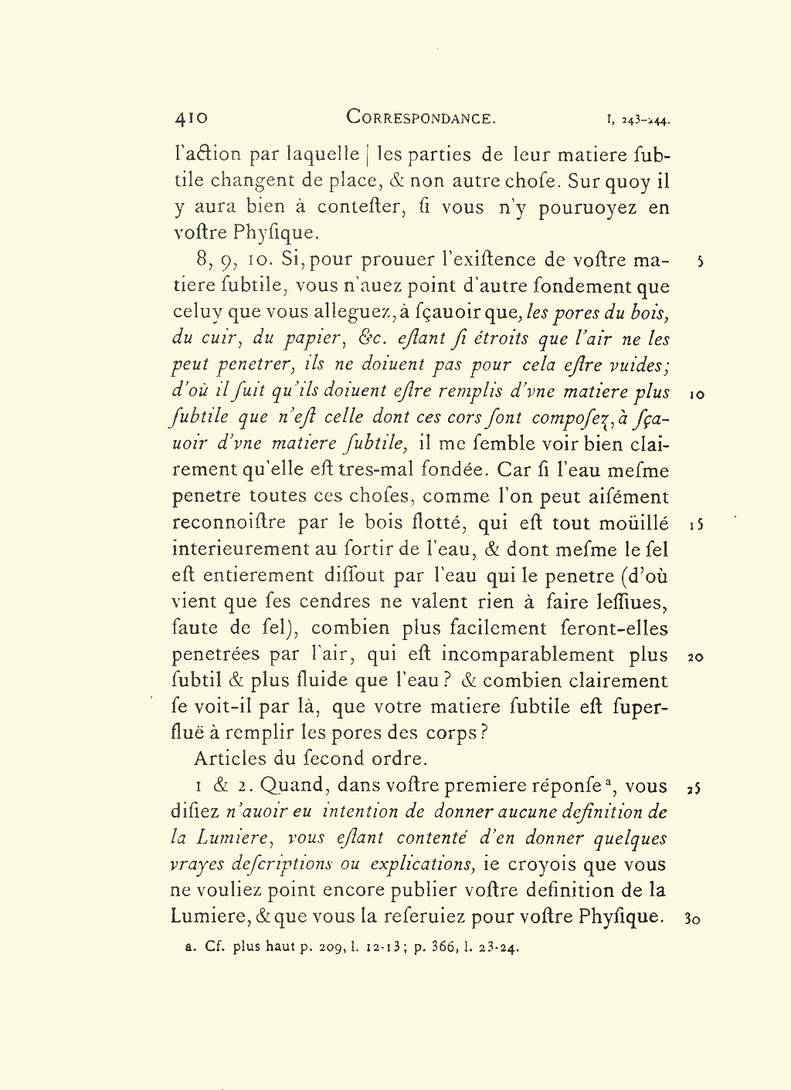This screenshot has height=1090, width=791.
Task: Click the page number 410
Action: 191,118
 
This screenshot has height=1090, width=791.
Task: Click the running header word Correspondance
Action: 420,118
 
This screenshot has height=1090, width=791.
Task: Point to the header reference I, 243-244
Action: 638,120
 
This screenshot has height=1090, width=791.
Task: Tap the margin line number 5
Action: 699,262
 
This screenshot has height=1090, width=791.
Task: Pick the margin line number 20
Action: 695,658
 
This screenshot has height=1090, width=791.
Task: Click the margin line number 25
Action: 694,789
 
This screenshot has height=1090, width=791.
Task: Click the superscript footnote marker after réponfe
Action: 609,782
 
